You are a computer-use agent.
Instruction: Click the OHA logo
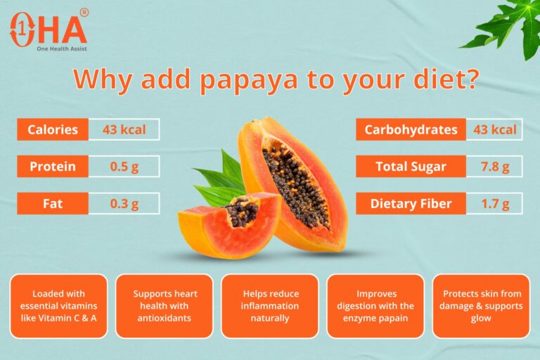click(x=48, y=27)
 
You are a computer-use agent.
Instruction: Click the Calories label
click(x=53, y=129)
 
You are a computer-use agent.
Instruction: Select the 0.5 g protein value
click(x=124, y=167)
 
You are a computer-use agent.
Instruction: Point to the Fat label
click(x=53, y=204)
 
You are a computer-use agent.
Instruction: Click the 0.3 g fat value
click(x=124, y=204)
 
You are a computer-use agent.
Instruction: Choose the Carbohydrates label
click(x=411, y=129)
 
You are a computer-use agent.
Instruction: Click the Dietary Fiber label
click(x=411, y=204)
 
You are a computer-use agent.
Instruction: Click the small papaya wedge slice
click(x=225, y=229)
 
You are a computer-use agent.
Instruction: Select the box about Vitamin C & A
click(x=59, y=306)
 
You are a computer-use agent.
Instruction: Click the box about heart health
click(x=165, y=306)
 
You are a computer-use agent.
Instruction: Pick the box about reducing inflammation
click(x=270, y=306)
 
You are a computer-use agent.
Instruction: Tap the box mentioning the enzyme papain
click(x=375, y=306)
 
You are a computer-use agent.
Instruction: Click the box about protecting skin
click(x=481, y=306)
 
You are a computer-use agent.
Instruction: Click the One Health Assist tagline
click(x=62, y=49)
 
